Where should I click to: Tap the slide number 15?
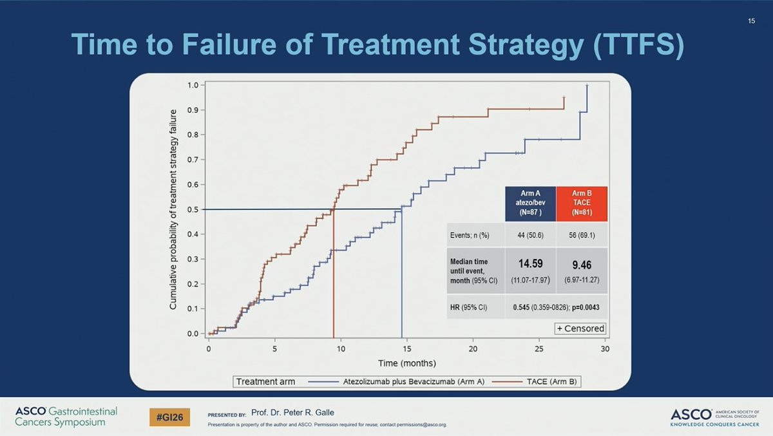pos(751,21)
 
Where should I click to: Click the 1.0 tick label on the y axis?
pos(193,85)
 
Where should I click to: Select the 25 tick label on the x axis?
pos(539,348)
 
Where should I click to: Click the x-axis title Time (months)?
pos(406,363)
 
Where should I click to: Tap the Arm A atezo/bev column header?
pos(530,203)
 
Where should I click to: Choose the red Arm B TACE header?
pos(582,203)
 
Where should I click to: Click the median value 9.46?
pos(582,265)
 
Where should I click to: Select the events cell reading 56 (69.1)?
pos(582,235)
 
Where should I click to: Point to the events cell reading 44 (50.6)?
pos(530,235)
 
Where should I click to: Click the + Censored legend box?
pos(580,328)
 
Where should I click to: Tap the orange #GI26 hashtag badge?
pos(169,417)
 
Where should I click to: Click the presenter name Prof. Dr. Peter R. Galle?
pos(292,412)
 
